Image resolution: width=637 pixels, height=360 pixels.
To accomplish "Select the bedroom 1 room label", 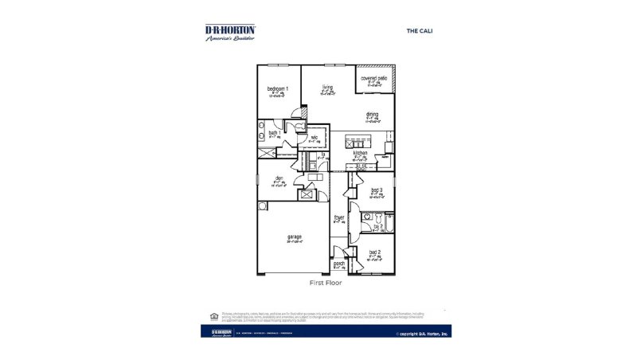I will click(x=278, y=88).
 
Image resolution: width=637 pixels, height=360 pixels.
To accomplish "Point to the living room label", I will click(x=327, y=87).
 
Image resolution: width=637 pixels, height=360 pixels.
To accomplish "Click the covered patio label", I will click(x=373, y=78).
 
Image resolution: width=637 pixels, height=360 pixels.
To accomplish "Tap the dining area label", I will click(x=372, y=114).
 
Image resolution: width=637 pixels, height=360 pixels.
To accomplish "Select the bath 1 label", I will click(x=273, y=132).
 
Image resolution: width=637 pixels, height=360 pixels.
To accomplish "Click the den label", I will click(x=279, y=178).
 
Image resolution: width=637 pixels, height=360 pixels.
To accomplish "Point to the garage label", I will click(x=295, y=237).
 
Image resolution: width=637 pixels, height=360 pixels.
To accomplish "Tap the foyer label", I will click(x=338, y=216).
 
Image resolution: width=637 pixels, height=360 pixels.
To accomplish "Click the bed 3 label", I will click(x=377, y=190).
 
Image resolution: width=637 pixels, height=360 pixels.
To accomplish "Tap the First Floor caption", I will click(x=325, y=283).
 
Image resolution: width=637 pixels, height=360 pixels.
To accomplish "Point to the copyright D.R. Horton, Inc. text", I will click(x=422, y=334).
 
